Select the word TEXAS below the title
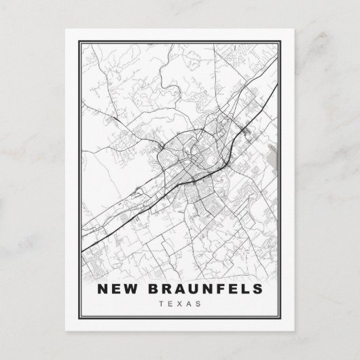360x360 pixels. pyautogui.click(x=179, y=304)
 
